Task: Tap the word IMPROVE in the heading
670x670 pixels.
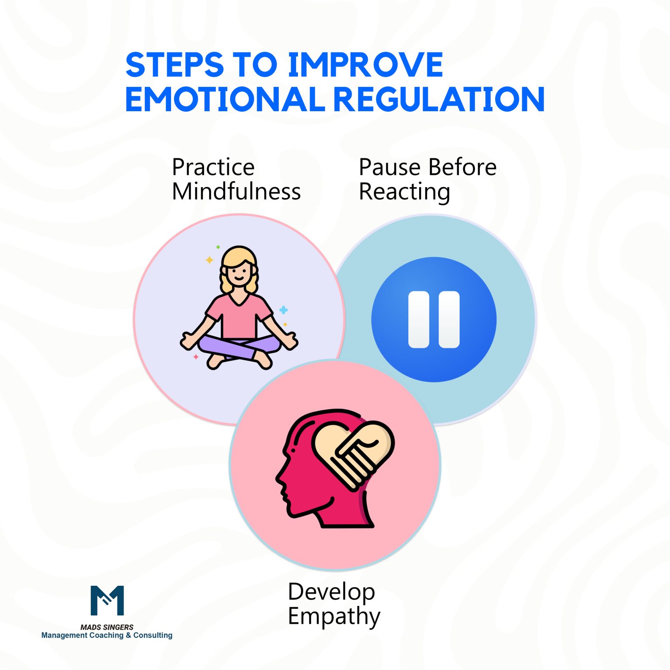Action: [365, 65]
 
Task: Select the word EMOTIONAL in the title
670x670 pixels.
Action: [225, 99]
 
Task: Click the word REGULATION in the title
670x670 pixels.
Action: [439, 99]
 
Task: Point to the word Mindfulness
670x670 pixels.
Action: [236, 191]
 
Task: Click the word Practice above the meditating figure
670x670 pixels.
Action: [213, 167]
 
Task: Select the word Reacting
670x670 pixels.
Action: [404, 192]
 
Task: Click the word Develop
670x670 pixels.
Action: [332, 592]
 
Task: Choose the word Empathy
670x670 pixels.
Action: [334, 617]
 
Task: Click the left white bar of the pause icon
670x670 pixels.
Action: [418, 319]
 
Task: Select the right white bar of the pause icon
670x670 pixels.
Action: [449, 319]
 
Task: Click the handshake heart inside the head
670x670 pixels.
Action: [353, 454]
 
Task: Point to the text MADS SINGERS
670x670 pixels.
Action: [107, 627]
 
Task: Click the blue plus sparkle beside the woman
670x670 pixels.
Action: [284, 310]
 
